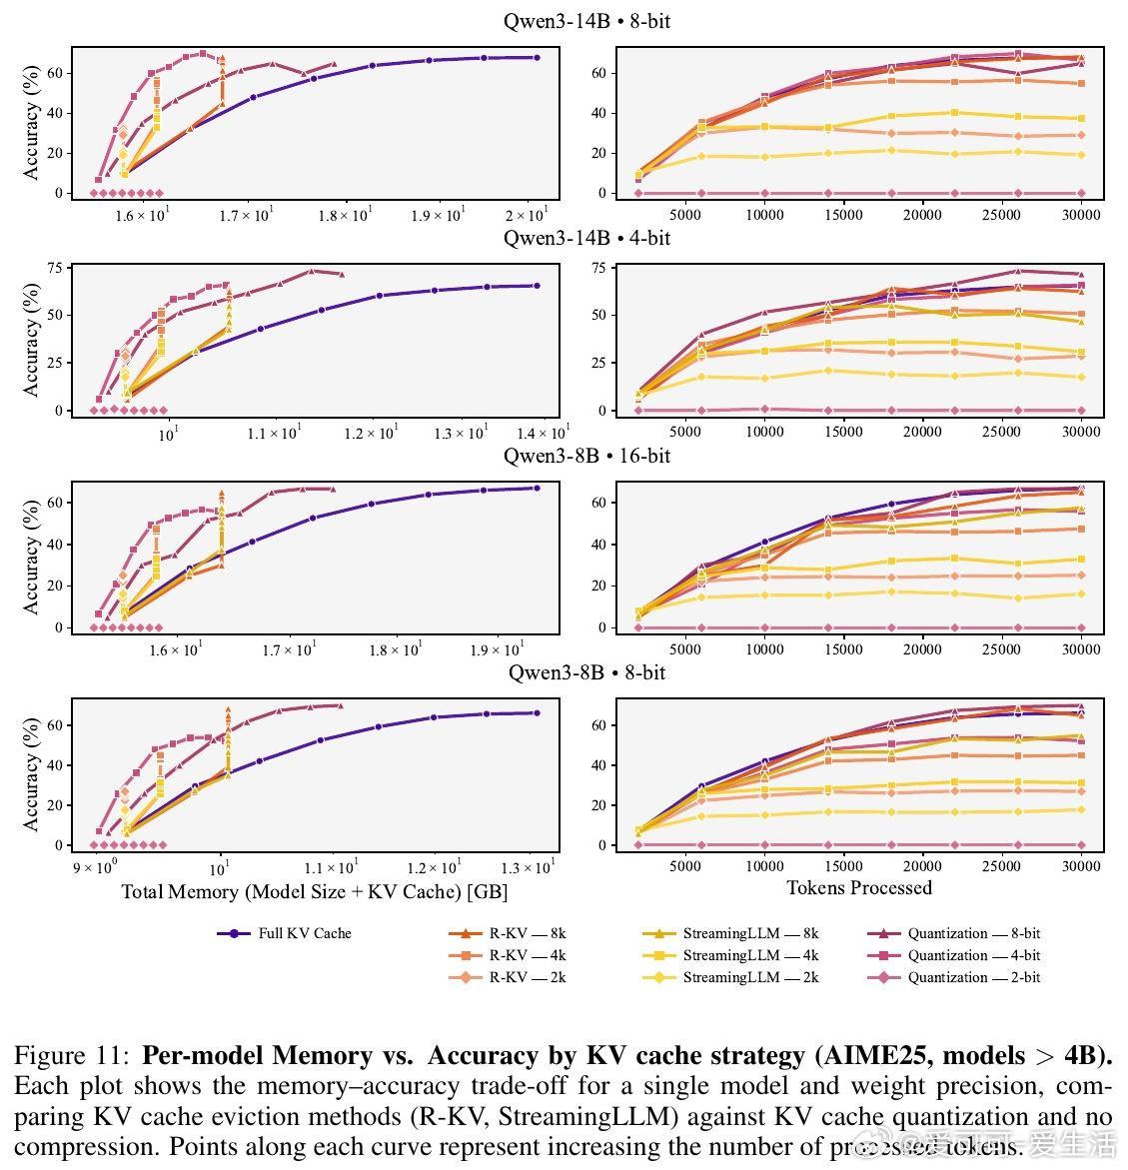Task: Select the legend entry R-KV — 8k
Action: tap(527, 933)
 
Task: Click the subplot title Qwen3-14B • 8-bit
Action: tap(586, 20)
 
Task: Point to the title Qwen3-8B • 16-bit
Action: tap(586, 456)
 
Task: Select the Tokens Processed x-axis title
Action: tap(859, 887)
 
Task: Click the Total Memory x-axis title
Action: tap(315, 891)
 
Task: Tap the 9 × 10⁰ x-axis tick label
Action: tap(96, 868)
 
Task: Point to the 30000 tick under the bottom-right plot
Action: tap(1081, 866)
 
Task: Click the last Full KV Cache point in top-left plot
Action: tap(537, 58)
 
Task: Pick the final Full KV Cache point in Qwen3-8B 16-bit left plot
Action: tap(537, 488)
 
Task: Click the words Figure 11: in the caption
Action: tap(71, 1056)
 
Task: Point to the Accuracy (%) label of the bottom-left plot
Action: tap(30, 775)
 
